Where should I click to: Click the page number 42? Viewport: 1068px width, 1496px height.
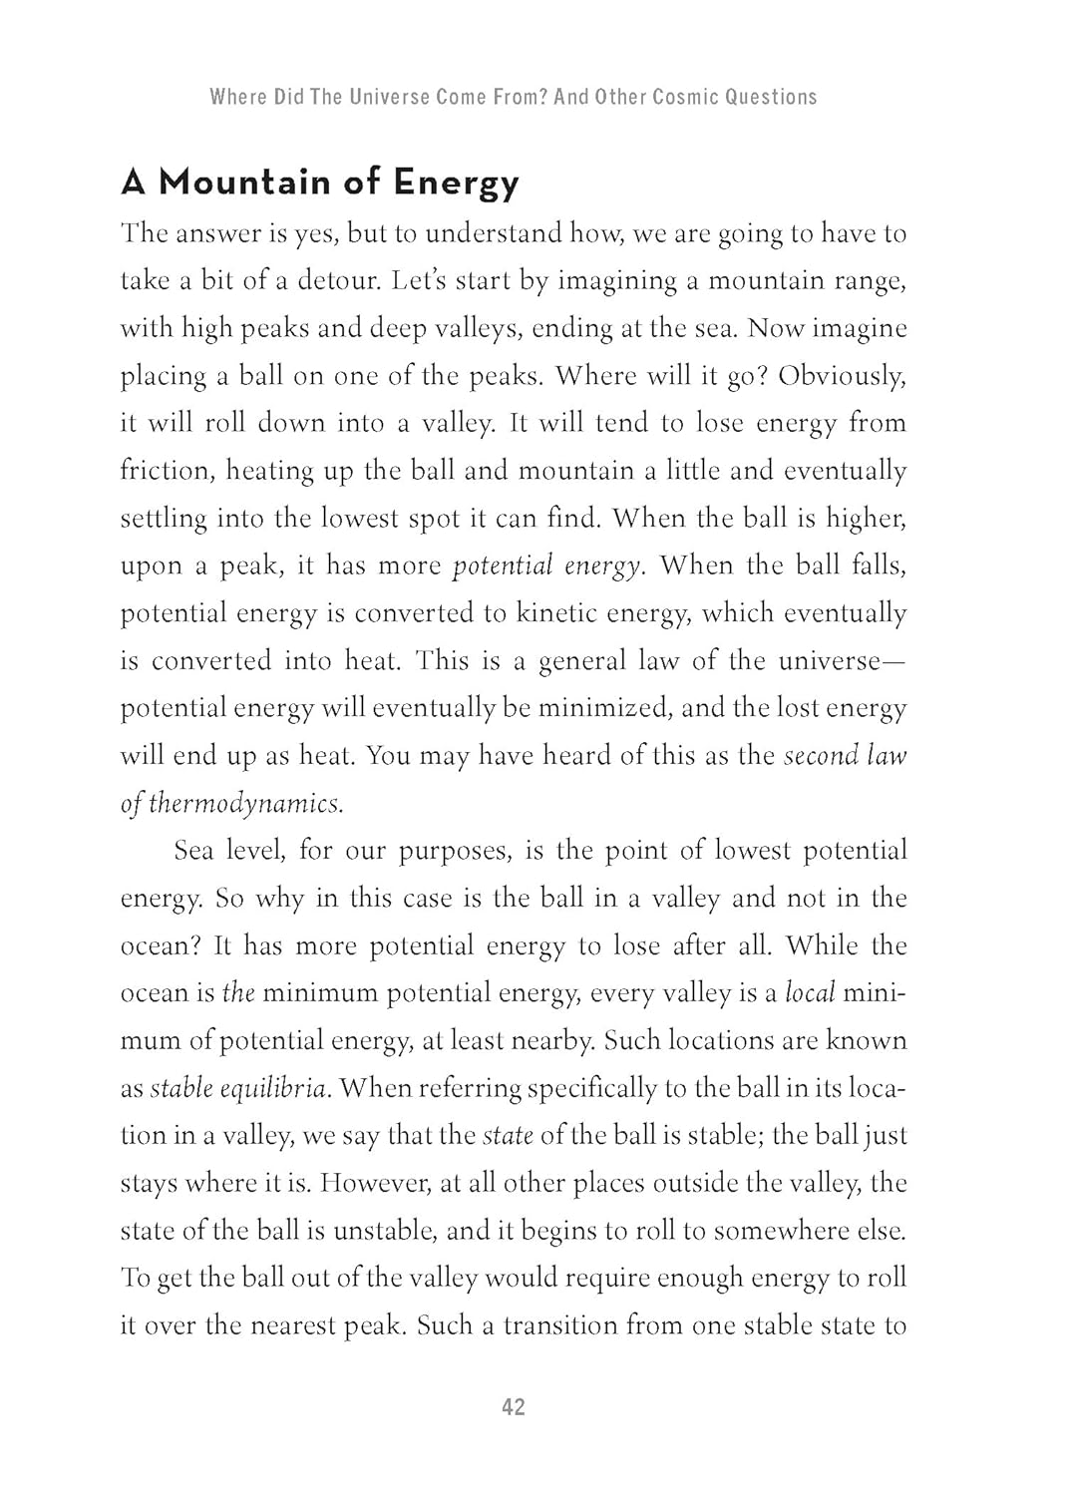click(514, 1407)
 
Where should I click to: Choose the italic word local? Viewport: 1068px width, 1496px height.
click(809, 993)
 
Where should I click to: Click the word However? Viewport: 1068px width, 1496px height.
click(375, 1183)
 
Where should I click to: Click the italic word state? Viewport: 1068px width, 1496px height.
click(508, 1135)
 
